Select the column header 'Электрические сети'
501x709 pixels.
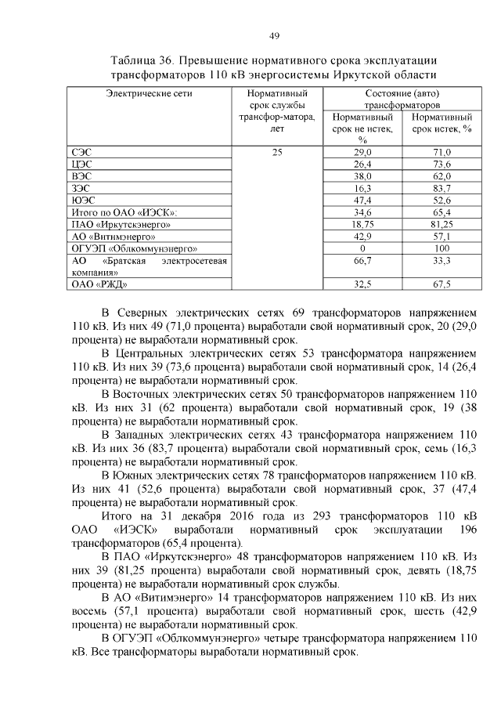coord(149,93)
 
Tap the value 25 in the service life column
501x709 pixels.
coord(277,152)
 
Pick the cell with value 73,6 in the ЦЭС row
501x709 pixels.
coord(442,165)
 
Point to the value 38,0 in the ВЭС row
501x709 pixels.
coord(362,177)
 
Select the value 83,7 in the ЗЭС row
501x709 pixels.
coord(442,189)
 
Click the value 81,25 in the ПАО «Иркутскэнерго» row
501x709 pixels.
coord(442,224)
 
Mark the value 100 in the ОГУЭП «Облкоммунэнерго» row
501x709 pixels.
coord(442,248)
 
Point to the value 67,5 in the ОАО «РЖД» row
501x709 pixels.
coord(442,284)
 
